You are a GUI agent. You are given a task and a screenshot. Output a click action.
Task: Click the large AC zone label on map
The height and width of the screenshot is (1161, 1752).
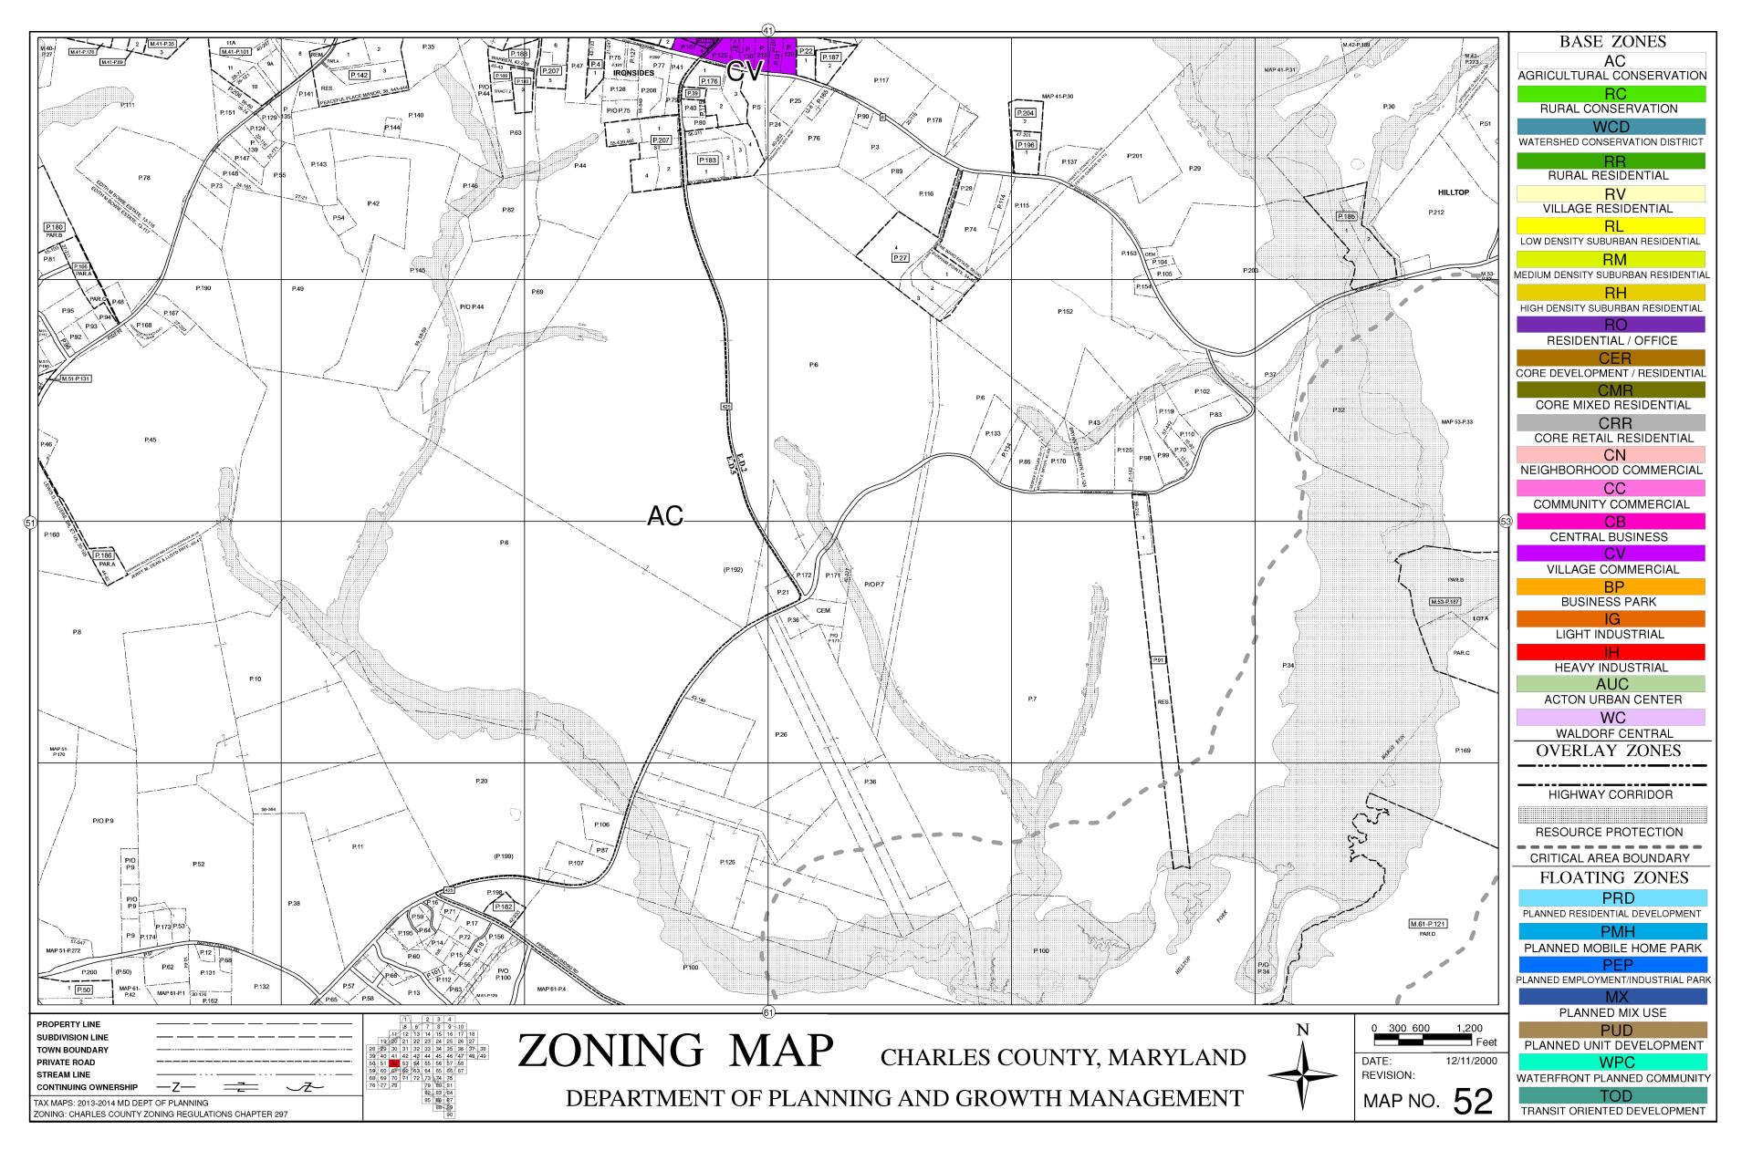[x=664, y=516]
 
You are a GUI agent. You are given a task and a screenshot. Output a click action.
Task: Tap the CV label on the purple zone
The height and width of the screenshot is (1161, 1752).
[x=744, y=73]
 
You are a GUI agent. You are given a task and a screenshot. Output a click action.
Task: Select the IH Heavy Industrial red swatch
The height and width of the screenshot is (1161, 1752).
[x=1611, y=652]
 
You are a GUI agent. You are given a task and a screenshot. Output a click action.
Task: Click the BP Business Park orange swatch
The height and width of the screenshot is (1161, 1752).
[x=1611, y=587]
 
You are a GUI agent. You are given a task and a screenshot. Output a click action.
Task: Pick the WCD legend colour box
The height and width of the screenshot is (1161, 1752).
[x=1611, y=127]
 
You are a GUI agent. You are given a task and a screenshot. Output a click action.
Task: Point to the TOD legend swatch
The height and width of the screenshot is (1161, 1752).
[x=1611, y=1095]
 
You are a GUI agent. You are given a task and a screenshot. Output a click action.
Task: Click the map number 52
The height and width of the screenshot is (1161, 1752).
[x=1472, y=1102]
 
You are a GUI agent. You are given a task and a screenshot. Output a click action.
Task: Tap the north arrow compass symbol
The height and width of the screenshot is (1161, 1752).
[x=1302, y=1077]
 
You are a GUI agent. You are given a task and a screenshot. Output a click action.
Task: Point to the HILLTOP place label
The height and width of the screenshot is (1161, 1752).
[x=1453, y=192]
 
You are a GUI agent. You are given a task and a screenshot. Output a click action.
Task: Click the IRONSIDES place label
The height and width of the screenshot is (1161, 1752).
[x=633, y=98]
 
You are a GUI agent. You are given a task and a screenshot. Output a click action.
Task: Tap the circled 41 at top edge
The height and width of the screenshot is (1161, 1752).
[x=768, y=30]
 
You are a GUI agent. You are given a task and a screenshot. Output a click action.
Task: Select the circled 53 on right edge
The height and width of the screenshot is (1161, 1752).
[x=1506, y=522]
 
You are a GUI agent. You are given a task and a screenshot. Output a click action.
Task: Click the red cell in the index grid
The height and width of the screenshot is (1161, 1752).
[x=394, y=1063]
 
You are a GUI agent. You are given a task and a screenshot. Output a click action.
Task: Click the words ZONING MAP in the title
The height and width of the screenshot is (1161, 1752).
[x=675, y=1051]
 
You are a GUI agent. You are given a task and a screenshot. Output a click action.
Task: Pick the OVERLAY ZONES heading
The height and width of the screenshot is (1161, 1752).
[x=1611, y=751]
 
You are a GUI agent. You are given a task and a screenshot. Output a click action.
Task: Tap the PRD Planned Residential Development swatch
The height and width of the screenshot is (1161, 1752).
[x=1611, y=898]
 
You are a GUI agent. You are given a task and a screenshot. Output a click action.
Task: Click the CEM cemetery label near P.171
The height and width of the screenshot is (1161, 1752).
[x=823, y=610]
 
